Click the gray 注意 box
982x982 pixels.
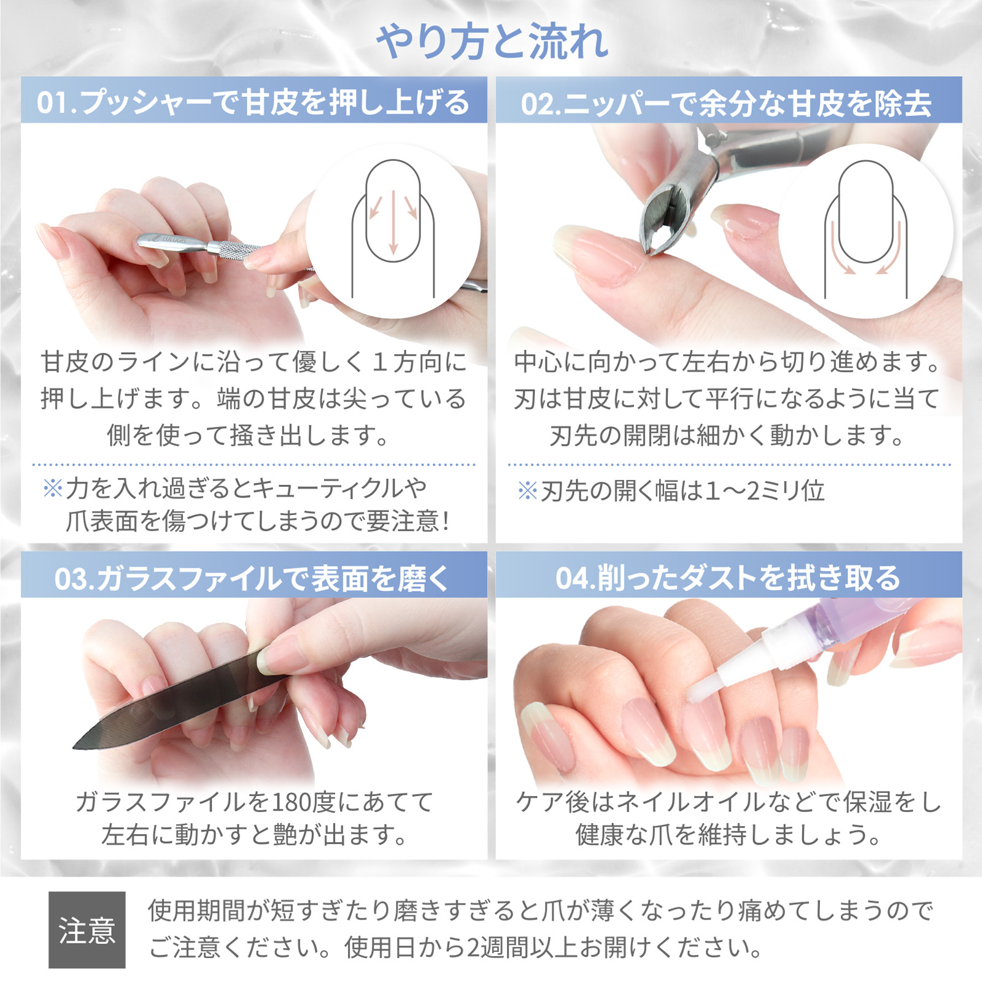[x=87, y=929]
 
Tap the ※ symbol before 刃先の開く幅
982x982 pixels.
[x=527, y=490]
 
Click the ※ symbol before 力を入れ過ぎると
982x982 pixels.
[x=53, y=489]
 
